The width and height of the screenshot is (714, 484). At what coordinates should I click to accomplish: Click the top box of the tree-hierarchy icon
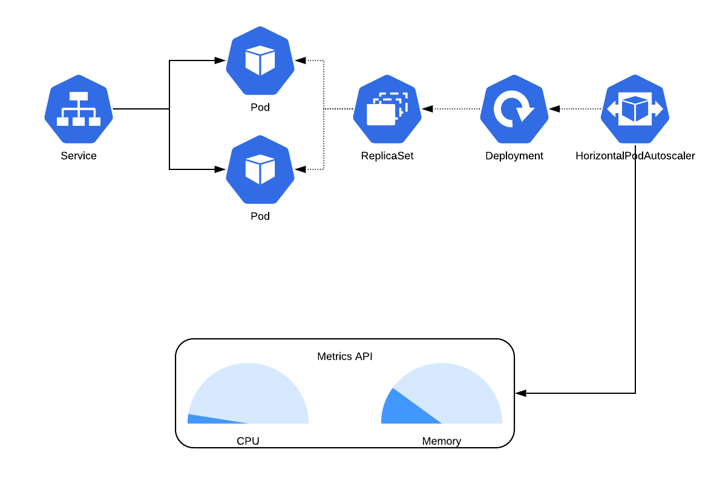79,96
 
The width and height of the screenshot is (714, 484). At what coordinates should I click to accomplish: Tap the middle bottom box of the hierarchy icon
79,122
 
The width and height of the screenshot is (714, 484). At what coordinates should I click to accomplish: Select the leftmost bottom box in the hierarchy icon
62,122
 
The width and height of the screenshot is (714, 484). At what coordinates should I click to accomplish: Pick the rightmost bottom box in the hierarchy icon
95,122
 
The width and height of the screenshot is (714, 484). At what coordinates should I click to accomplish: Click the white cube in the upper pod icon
260,60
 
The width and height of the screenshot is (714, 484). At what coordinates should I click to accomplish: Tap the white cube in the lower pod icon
260,169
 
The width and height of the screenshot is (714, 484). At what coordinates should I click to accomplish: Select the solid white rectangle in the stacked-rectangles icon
381,115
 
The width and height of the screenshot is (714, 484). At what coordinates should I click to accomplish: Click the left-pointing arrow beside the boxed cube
612,109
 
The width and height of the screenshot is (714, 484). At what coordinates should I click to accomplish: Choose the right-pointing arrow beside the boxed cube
658,109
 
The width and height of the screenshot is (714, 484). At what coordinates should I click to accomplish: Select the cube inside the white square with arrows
635,109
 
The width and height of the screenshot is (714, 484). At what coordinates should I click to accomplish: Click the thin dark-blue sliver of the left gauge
200,419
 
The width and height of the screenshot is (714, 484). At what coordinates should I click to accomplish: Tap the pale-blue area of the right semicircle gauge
454,393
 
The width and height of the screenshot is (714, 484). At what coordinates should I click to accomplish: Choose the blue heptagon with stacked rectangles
387,136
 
